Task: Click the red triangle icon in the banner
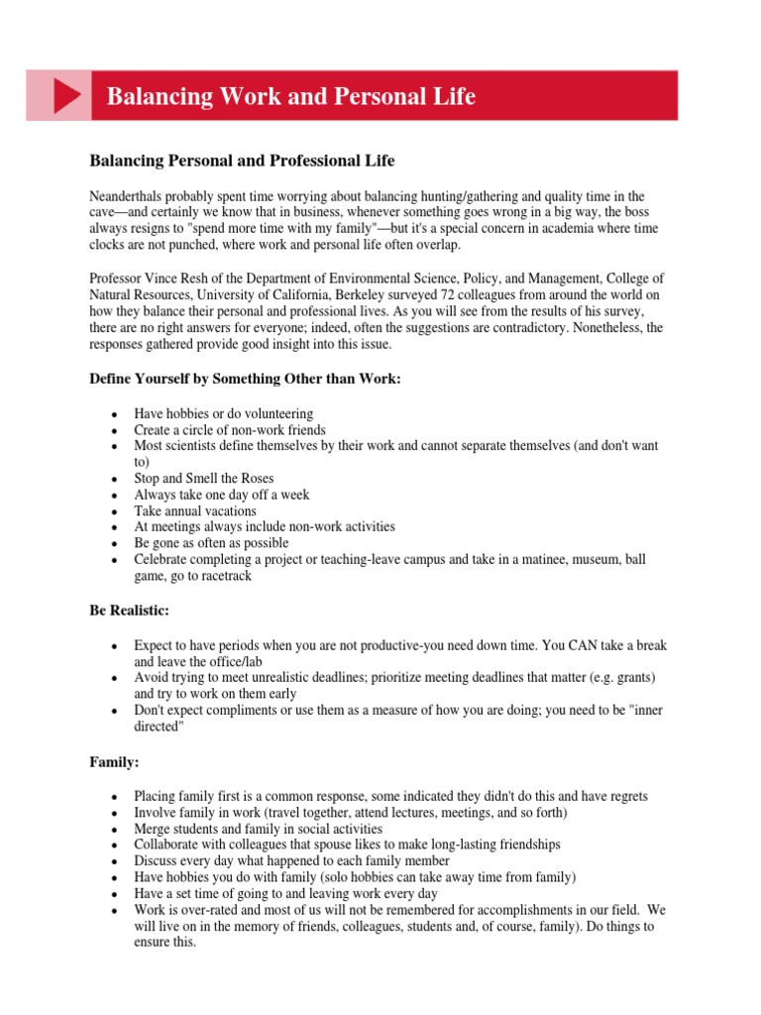coord(65,96)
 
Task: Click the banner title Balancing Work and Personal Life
coord(290,96)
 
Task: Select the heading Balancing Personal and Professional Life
coord(243,160)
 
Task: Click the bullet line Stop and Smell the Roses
coord(204,478)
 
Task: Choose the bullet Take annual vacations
coord(195,510)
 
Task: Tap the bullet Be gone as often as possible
coord(212,543)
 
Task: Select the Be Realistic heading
coord(130,610)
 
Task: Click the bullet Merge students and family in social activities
coord(259,828)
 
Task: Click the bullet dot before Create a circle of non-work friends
coord(115,430)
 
